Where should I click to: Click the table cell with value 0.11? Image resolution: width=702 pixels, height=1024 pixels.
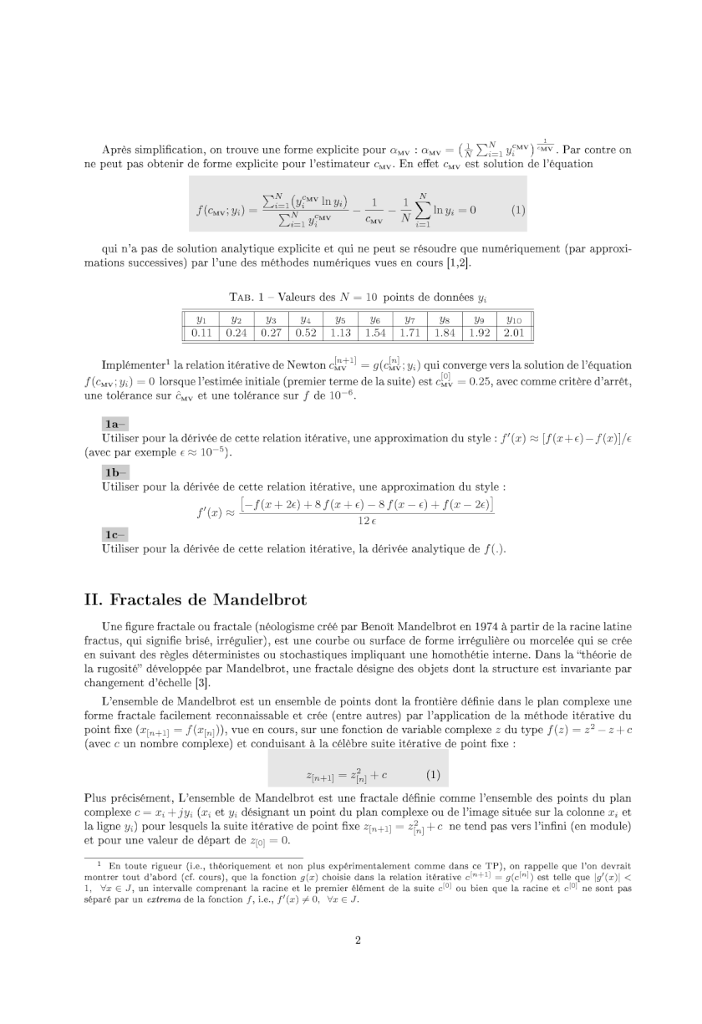[201, 334]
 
